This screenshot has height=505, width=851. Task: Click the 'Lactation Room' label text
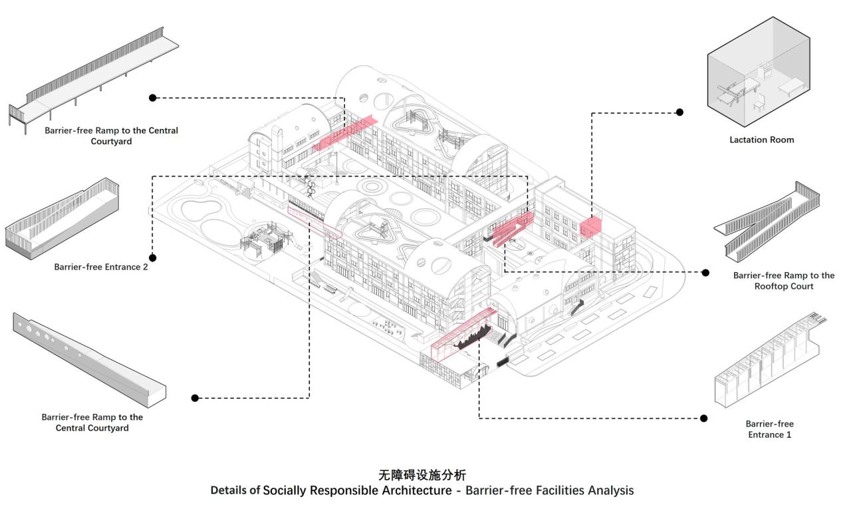coord(761,140)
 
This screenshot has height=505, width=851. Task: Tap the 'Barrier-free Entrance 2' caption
coord(101,267)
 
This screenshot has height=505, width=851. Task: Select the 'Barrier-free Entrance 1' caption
coord(769,429)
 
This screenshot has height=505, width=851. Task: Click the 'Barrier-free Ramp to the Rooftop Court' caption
coord(784,281)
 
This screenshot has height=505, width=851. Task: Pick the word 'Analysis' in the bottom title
coord(612,491)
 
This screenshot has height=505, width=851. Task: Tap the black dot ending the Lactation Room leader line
coord(679,112)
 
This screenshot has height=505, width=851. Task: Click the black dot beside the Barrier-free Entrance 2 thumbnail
coord(153,257)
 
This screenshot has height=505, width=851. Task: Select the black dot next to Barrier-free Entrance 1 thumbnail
coord(704,418)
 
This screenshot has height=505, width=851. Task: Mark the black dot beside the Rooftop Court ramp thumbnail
coord(705,272)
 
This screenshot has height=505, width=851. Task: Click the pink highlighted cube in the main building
coord(590,228)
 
